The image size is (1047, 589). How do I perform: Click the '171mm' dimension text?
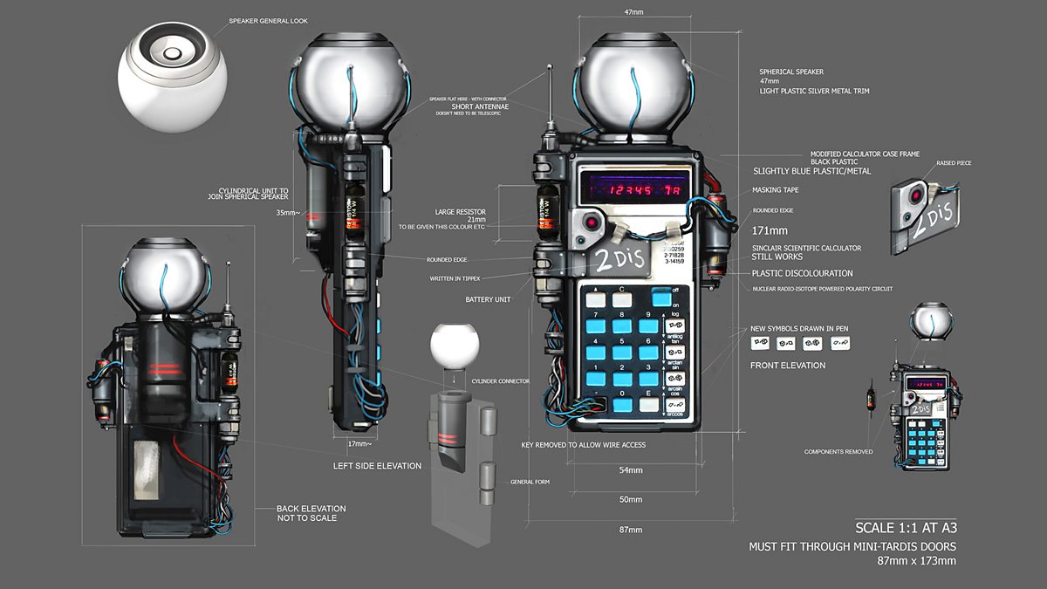click(x=769, y=231)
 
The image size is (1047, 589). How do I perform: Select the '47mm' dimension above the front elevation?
click(x=634, y=12)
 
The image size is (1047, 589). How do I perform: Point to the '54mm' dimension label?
click(x=631, y=470)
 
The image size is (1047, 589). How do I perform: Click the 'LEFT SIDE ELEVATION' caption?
click(x=377, y=466)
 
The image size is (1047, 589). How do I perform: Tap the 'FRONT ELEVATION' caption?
click(x=788, y=365)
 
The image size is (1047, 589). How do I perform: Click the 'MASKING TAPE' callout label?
click(x=776, y=189)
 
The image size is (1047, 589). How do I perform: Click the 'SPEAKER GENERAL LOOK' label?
click(x=268, y=21)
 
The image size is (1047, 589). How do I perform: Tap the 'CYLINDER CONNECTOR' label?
click(x=500, y=381)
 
